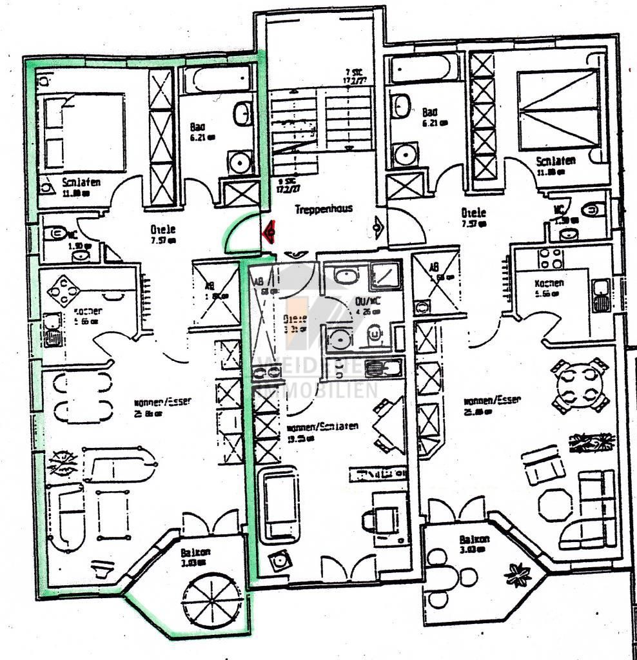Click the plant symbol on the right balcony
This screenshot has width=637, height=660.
(518, 573)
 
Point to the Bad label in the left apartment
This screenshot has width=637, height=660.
(197, 127)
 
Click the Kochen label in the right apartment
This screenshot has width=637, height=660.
(549, 284)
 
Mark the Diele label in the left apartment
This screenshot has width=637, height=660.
(163, 229)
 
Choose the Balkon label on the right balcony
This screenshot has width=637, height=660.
(474, 539)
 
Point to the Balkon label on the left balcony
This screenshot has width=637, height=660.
(195, 552)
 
